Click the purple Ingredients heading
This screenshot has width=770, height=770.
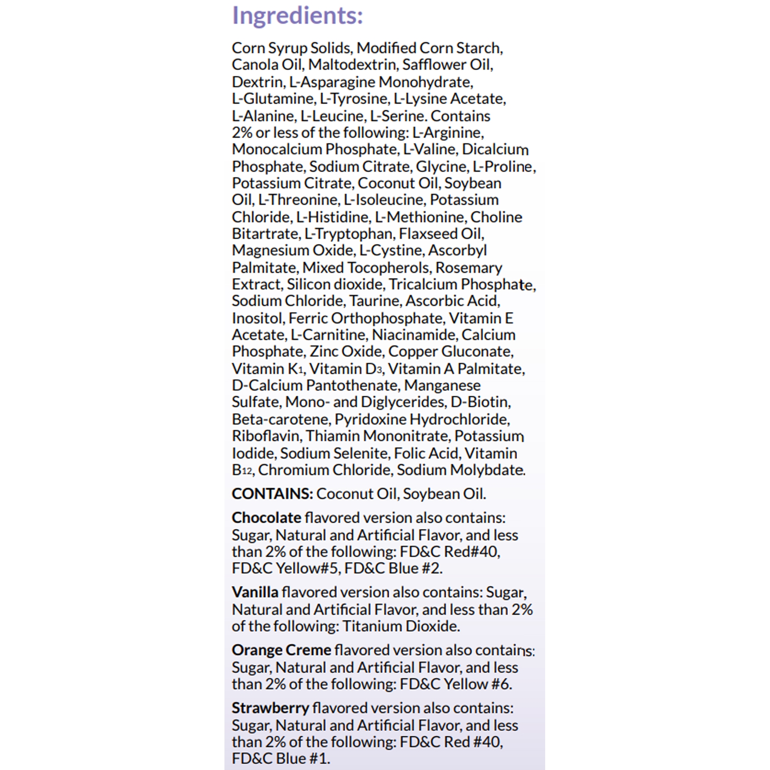(x=297, y=16)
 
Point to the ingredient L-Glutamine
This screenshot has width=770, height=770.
(x=273, y=99)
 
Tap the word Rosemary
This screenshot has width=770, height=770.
(x=469, y=268)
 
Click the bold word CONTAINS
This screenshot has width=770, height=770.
(x=272, y=494)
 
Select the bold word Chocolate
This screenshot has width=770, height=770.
(x=267, y=518)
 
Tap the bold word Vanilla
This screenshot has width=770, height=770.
(x=255, y=592)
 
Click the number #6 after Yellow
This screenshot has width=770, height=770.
(x=500, y=684)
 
